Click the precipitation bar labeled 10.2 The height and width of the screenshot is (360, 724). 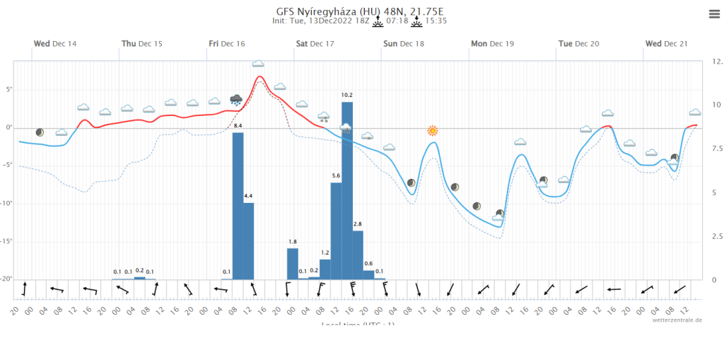pyautogui.click(x=347, y=191)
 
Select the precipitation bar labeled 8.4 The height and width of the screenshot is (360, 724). pyautogui.click(x=238, y=205)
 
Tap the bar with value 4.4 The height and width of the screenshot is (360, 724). pyautogui.click(x=249, y=240)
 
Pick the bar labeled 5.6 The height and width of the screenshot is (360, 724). pyautogui.click(x=337, y=230)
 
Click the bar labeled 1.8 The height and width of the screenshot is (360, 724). pyautogui.click(x=293, y=263)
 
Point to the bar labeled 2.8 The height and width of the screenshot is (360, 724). pyautogui.click(x=358, y=255)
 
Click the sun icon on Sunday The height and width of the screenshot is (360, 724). pyautogui.click(x=433, y=131)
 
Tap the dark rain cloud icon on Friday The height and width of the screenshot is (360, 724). pyautogui.click(x=236, y=100)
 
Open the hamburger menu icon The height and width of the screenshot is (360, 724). pyautogui.click(x=713, y=13)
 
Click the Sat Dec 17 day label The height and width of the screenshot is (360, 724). pyautogui.click(x=315, y=44)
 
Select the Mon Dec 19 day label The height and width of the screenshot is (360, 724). pyautogui.click(x=492, y=44)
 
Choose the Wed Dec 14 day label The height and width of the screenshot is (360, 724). pyautogui.click(x=55, y=44)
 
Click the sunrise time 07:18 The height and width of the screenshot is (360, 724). pyautogui.click(x=398, y=21)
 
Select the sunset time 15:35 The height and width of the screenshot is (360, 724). pyautogui.click(x=436, y=21)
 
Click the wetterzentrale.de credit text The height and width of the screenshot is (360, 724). pyautogui.click(x=677, y=320)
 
